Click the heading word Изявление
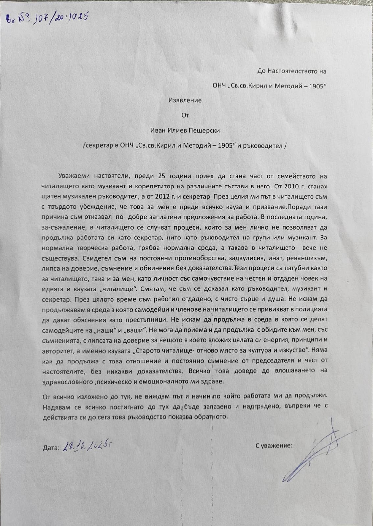(185, 100)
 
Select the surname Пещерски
(205, 130)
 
